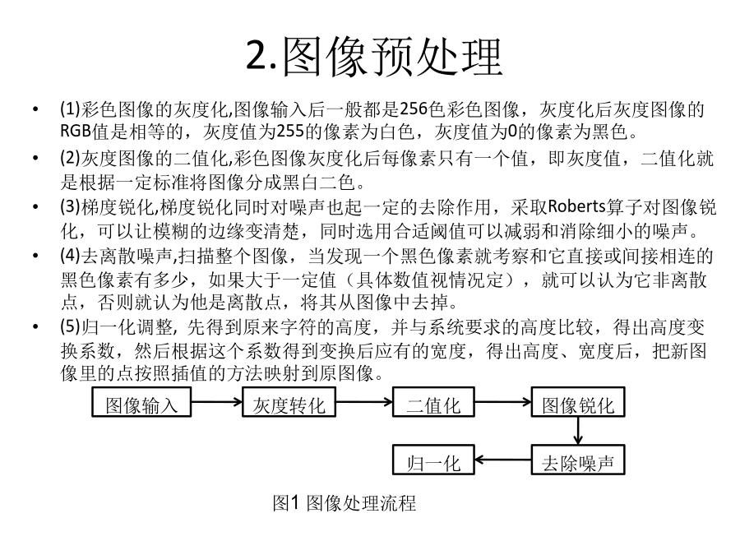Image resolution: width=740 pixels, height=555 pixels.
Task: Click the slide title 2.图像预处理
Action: coord(374,58)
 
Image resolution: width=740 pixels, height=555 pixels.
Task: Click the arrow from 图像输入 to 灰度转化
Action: coord(216,402)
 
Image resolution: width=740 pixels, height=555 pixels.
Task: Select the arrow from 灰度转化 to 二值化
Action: coord(364,402)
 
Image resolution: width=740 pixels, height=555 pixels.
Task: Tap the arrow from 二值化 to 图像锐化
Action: coord(502,402)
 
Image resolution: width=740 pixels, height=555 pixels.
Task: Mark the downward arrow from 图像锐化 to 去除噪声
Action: coord(578,431)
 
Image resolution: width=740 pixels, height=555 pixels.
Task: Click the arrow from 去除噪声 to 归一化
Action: coord(502,460)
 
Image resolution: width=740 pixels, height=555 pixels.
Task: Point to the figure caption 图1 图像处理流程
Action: coord(344,503)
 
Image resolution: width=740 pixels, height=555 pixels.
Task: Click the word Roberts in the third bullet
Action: coord(576,206)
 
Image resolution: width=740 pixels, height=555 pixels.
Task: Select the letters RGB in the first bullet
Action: coord(76,131)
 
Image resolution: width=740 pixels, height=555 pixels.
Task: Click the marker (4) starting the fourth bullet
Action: coord(71,256)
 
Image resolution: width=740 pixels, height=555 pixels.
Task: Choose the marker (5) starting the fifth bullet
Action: coord(71,326)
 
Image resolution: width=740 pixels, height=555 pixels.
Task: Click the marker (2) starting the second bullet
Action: coord(71,158)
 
